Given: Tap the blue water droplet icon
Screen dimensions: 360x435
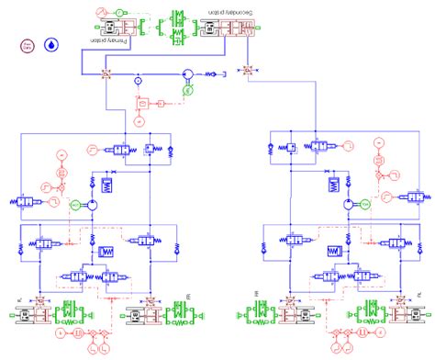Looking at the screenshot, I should [51, 43].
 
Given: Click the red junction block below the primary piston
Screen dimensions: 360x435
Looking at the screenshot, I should [106, 71].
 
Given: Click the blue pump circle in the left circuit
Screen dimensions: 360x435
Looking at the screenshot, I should [95, 205].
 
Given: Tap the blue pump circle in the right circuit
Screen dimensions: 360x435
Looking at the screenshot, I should [344, 204].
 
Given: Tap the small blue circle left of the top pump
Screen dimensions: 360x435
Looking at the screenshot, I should [138, 80].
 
